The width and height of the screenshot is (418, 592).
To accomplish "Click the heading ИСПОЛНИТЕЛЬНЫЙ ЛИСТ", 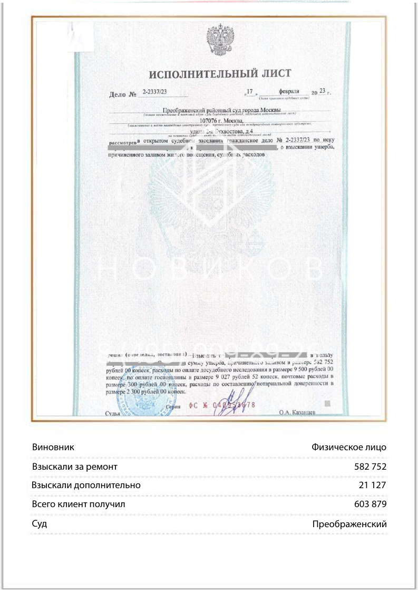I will tap(220, 74).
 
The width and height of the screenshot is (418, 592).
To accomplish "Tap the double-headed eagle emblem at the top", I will tap(220, 40).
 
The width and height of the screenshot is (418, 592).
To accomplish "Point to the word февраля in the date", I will tap(289, 91).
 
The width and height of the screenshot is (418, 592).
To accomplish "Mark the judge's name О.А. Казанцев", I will tap(297, 412).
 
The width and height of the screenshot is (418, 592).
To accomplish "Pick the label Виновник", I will tap(53, 447).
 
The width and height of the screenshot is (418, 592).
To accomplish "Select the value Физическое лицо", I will tap(349, 447).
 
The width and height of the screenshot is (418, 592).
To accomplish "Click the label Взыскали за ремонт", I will tap(74, 467).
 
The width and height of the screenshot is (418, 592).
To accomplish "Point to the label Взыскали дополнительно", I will tap(86, 485).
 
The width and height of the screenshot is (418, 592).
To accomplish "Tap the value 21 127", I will tap(373, 485).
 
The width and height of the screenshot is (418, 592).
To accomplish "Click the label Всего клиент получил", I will tap(79, 504).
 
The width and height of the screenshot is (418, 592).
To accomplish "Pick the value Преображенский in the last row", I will tap(349, 524).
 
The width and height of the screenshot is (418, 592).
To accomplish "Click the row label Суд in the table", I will tap(40, 524).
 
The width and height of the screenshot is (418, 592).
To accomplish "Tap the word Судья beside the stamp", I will tap(113, 414).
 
